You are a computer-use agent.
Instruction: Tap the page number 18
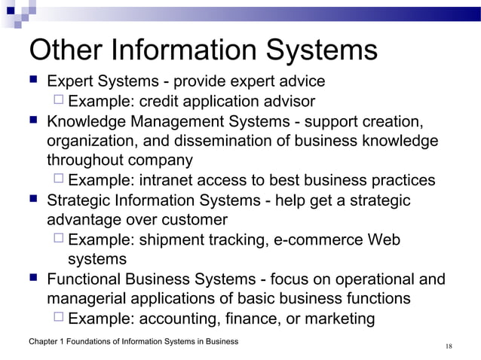point(449,346)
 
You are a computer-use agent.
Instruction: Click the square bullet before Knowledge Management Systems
point(32,121)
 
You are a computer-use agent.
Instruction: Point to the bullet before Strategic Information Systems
point(32,200)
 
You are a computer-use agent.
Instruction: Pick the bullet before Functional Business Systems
point(32,279)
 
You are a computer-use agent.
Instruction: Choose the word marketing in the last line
point(338,319)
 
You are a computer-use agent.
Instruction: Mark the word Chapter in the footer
point(42,342)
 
